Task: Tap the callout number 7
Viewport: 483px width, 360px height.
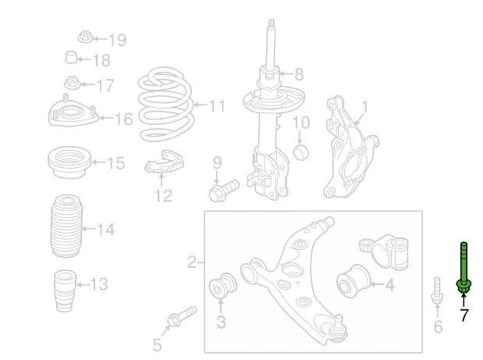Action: [463, 316]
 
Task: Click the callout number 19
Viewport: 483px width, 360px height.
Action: [117, 40]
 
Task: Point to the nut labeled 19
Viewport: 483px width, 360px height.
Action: [85, 36]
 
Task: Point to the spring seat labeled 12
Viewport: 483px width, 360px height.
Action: [163, 162]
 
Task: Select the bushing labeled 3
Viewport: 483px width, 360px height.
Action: [222, 287]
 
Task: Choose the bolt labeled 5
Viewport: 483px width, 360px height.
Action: [177, 321]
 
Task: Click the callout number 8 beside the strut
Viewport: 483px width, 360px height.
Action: [298, 76]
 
